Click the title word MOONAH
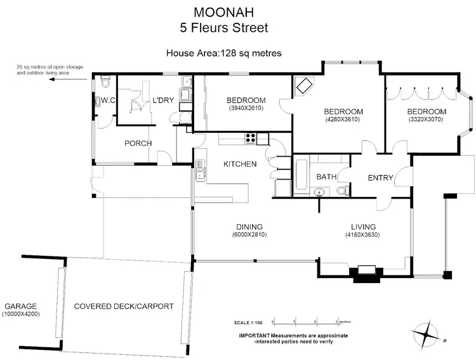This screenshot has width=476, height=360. point(223,12)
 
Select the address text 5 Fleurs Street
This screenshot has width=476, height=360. point(223,28)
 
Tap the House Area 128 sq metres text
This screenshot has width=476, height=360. point(223,53)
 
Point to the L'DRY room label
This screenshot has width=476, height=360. point(163,100)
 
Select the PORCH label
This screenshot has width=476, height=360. point(138,143)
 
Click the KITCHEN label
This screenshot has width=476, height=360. point(240,164)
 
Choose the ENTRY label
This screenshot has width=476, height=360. point(381,177)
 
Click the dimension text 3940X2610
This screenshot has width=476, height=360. point(246,109)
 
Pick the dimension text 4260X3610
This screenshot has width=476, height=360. point(343,119)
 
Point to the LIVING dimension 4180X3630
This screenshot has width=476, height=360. point(364,235)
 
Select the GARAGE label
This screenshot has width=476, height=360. point(20,306)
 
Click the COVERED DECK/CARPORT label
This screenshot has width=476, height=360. point(124,306)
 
